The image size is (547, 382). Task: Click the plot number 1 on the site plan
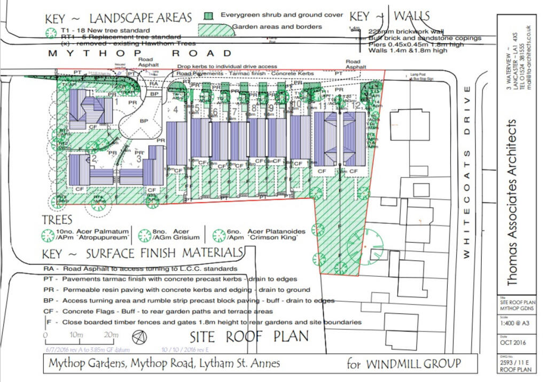click(x=116, y=101)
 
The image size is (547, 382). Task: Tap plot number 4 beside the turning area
click(x=176, y=110)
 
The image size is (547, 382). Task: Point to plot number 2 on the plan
click(x=94, y=158)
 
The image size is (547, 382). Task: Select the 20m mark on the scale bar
click(x=111, y=335)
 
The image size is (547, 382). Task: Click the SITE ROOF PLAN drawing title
click(x=249, y=337)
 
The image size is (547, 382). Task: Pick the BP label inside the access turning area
click(x=144, y=121)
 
